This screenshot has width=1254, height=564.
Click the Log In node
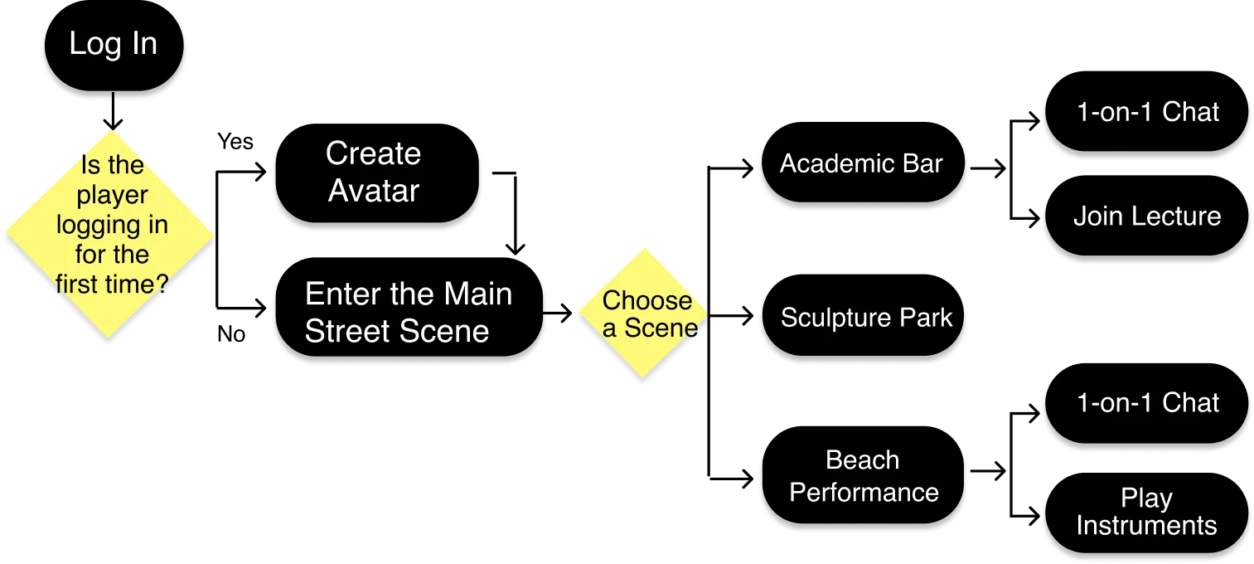click(x=113, y=44)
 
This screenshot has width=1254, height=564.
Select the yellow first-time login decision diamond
click(x=110, y=236)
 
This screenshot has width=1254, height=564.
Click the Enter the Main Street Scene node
click(x=409, y=313)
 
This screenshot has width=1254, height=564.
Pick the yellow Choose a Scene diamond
click(x=644, y=315)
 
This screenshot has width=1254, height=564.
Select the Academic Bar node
click(x=861, y=164)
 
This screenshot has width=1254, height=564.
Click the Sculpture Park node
click(x=864, y=318)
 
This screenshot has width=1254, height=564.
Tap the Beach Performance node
click(x=863, y=477)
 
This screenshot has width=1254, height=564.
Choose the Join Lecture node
click(x=1146, y=217)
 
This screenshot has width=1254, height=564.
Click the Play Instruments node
click(x=1146, y=512)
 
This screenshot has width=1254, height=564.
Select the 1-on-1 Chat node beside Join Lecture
click(x=1147, y=113)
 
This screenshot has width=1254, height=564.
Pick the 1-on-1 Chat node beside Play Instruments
click(x=1147, y=403)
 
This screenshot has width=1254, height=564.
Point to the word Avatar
click(x=374, y=191)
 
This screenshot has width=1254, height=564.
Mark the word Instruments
click(x=1146, y=526)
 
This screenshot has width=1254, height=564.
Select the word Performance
click(x=864, y=493)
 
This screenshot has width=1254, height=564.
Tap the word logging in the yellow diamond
click(x=112, y=225)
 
